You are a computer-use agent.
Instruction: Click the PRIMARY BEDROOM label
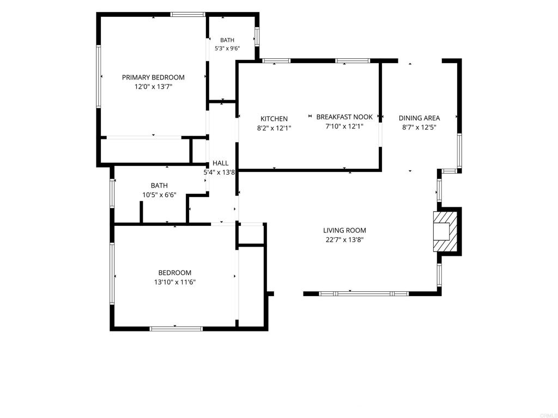click(x=153, y=77)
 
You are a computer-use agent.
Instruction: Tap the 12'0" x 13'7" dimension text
click(x=153, y=87)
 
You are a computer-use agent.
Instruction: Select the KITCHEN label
click(x=274, y=119)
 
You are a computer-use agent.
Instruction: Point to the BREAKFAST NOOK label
click(x=344, y=116)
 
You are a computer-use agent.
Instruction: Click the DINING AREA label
click(x=419, y=118)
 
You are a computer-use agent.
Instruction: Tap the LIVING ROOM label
click(x=344, y=230)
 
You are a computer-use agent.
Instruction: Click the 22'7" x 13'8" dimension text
click(x=344, y=239)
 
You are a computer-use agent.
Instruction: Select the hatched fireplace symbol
click(x=445, y=231)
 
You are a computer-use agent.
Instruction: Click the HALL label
click(x=220, y=163)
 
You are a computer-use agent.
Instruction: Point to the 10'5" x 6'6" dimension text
click(x=159, y=195)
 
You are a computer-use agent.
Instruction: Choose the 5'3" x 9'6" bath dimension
click(x=227, y=48)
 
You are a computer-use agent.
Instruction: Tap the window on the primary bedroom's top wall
click(x=188, y=15)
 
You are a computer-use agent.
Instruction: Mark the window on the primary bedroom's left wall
click(x=99, y=76)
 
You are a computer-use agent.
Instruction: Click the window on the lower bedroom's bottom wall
click(x=176, y=329)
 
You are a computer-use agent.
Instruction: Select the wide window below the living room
click(x=363, y=293)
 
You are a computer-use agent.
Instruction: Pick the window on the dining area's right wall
click(x=459, y=150)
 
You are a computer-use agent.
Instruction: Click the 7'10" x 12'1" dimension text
click(x=344, y=126)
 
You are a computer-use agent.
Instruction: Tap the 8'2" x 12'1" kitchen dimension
click(x=274, y=128)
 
